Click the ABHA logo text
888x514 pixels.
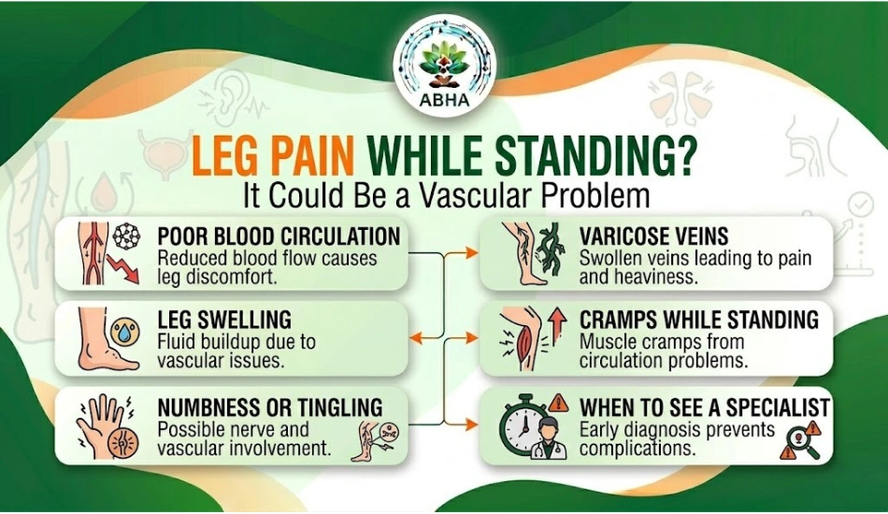coord(445,100)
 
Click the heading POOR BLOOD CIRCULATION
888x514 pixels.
coord(279,236)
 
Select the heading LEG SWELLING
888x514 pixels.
coord(224,320)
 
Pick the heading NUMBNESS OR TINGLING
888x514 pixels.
coord(270,407)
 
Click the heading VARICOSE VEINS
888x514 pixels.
coord(653,236)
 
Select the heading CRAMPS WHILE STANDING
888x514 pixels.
coord(699,320)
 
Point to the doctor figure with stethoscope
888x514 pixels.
coord(547,438)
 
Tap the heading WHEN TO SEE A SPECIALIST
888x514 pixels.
coord(705,407)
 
